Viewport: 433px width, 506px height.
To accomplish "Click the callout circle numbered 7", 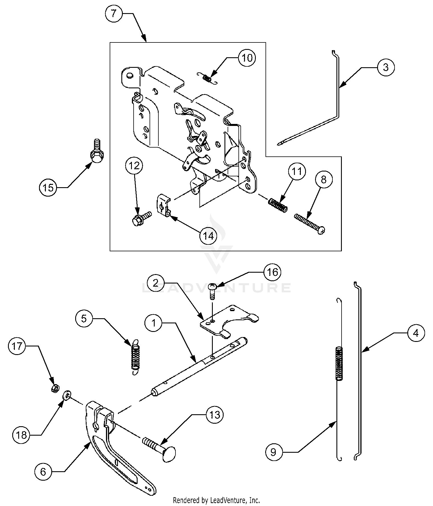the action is point(114,13).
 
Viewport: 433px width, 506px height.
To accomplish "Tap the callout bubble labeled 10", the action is point(247,58).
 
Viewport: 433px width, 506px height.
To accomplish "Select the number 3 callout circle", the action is point(386,68).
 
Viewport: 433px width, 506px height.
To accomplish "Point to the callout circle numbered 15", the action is point(48,187).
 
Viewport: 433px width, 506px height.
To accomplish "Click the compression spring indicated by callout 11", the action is point(278,205).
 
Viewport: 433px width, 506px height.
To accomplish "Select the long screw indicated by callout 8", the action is point(310,224).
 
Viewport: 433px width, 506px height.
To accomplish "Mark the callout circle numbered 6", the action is point(43,472).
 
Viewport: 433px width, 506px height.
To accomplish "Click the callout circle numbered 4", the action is point(416,333).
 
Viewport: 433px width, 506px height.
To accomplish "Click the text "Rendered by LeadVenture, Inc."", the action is point(217,500).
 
